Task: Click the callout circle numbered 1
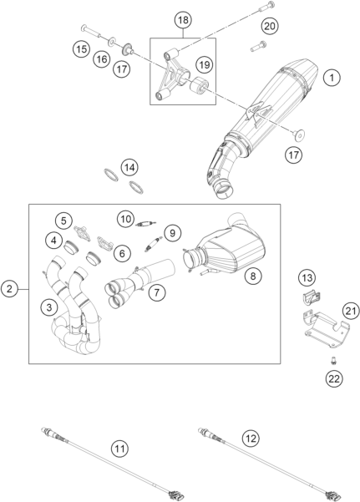coord(332,78)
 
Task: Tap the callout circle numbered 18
coord(183,20)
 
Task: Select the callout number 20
coord(269,26)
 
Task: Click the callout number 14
coord(129,167)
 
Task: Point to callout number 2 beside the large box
coord(9,289)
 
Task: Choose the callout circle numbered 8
coord(253,276)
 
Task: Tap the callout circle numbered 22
coord(334,378)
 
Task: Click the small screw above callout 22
coord(334,361)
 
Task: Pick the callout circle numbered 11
coord(119,449)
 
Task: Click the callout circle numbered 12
coord(251,438)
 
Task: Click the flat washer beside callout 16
coord(112,42)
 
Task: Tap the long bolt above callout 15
coord(91,32)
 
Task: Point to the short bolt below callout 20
coord(258,47)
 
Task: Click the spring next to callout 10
coord(145,224)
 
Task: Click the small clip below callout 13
coord(312,297)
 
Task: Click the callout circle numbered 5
coord(63,221)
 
